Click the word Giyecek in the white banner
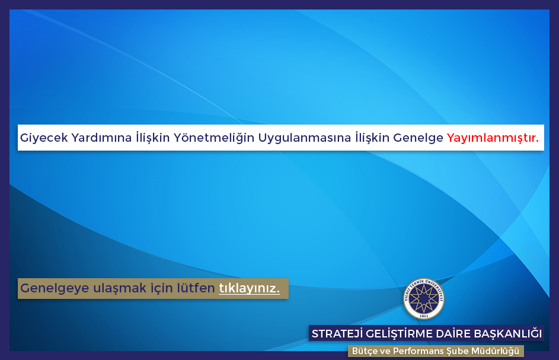point(44,138)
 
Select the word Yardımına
point(101,138)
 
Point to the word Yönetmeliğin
point(214,138)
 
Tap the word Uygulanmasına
point(305,138)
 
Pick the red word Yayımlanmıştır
point(493,138)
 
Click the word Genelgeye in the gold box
point(55,288)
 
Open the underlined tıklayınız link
point(249,288)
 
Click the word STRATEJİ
point(337,333)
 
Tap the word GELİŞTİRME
point(400,333)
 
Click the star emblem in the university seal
point(423,298)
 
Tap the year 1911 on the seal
point(423,316)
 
